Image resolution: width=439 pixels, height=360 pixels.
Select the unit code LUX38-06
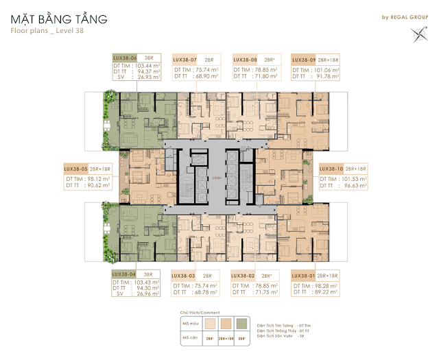point(126,60)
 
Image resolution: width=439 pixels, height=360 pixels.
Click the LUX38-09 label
point(306,60)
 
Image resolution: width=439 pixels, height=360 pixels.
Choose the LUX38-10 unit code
point(334,167)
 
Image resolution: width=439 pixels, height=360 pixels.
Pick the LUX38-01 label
point(306,275)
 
